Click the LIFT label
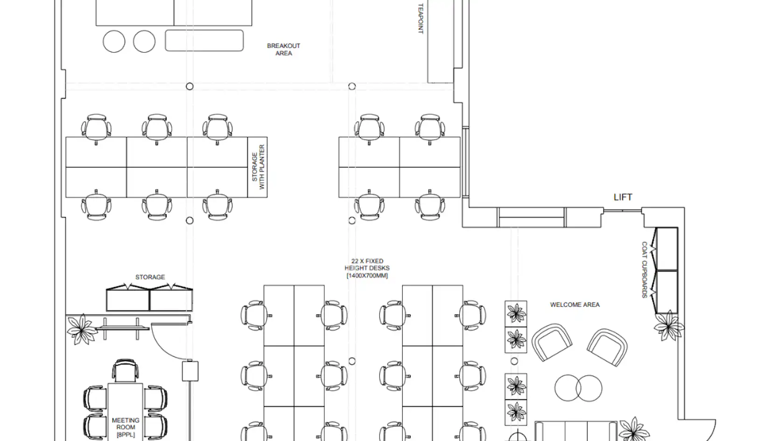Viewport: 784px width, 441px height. (x=623, y=197)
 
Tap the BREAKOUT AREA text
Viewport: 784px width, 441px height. (x=284, y=49)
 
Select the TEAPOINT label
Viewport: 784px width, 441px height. (x=421, y=19)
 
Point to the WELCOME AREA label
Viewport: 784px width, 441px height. (x=575, y=304)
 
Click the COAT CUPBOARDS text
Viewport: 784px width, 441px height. (x=644, y=270)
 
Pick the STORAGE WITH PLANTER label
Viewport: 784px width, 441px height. (x=259, y=167)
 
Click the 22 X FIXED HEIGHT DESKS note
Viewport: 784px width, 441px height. (x=367, y=268)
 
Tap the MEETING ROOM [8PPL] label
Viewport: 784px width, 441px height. (x=126, y=427)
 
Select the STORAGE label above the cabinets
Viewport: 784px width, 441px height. (x=150, y=277)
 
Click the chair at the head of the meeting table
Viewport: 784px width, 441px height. (x=125, y=371)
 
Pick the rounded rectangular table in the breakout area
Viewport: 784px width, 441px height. (x=204, y=41)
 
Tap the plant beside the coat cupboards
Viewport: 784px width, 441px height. (x=668, y=326)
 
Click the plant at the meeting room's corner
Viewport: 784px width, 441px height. (x=82, y=329)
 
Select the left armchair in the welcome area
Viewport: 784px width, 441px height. (x=552, y=343)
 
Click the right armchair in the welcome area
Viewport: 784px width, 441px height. (x=607, y=347)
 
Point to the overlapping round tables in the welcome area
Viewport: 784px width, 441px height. (x=578, y=388)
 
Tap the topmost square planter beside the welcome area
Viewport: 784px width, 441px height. (x=516, y=314)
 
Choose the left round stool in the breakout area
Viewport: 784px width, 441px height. (x=114, y=41)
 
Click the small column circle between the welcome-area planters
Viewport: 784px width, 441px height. (x=514, y=361)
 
